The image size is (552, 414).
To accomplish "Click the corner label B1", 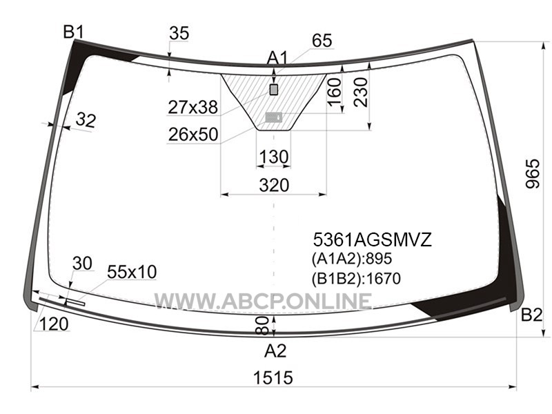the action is tap(74, 32).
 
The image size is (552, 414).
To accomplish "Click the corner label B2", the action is tap(531, 315).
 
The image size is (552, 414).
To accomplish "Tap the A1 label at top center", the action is tap(277, 58).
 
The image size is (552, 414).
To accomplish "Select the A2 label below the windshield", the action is tap(275, 351).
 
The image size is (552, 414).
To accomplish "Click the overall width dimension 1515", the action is tap(273, 377).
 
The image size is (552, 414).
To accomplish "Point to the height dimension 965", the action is tap(532, 174).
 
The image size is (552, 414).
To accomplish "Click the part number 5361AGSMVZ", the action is tap(372, 240).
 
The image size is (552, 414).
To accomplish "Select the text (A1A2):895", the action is tap(352, 259).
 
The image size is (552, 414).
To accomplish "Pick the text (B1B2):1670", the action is tap(356, 279).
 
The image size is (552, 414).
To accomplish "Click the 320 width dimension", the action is tap(274, 185).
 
